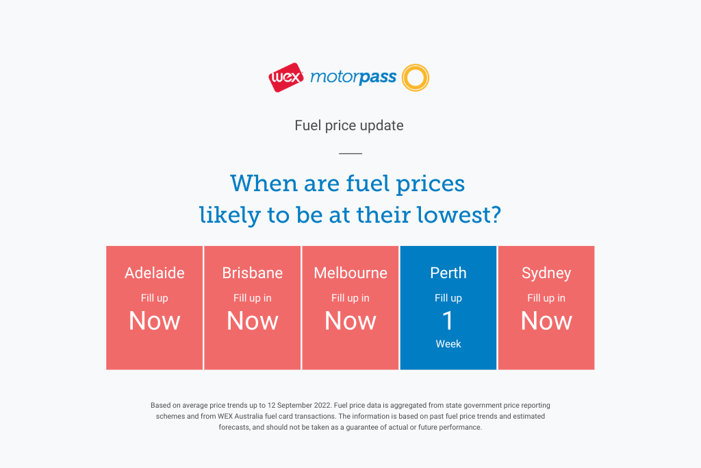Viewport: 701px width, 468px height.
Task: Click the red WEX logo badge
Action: [x=286, y=77]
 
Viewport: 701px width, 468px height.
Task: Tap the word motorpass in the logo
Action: [x=353, y=77]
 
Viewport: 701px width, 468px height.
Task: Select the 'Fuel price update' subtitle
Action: [x=349, y=125]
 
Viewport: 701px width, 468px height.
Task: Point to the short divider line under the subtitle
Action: [x=350, y=153]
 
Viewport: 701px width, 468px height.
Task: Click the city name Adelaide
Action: [x=155, y=273]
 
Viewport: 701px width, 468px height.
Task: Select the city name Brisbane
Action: [x=253, y=273]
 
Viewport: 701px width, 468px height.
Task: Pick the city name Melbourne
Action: [x=350, y=273]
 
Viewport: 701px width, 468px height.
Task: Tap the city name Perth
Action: [x=448, y=273]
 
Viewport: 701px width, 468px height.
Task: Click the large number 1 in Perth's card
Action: [x=448, y=321]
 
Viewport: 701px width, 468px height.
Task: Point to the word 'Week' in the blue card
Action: [x=448, y=343]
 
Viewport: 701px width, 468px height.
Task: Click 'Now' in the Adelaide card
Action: [x=155, y=321]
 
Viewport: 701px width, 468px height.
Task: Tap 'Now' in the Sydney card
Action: [x=546, y=321]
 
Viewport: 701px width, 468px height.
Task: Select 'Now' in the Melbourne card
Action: [x=350, y=321]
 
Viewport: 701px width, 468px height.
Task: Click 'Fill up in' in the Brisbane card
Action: [x=253, y=298]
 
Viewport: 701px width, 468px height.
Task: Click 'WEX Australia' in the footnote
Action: [x=240, y=416]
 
